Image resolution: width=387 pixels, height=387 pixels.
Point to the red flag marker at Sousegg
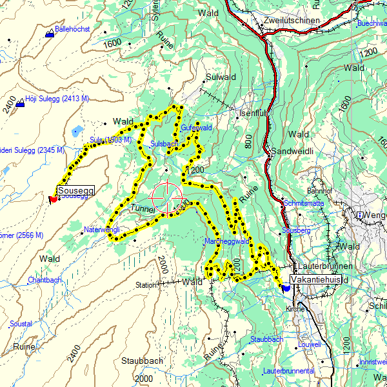52,199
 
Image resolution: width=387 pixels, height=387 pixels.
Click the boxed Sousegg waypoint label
76,190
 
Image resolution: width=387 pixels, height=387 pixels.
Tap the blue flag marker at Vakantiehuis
285,288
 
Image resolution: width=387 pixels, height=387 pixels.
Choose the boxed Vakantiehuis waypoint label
315,280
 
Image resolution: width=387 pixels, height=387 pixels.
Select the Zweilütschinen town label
292,21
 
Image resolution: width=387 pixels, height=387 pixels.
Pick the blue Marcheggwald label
226,241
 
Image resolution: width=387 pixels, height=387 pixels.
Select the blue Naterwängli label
103,229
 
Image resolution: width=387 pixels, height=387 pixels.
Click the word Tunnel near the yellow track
143,209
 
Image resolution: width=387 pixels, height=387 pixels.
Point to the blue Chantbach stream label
45,280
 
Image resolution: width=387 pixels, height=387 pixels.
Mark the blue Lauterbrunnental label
288,371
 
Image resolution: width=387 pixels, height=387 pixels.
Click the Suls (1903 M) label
111,139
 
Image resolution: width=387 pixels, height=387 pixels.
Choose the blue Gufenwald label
196,128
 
